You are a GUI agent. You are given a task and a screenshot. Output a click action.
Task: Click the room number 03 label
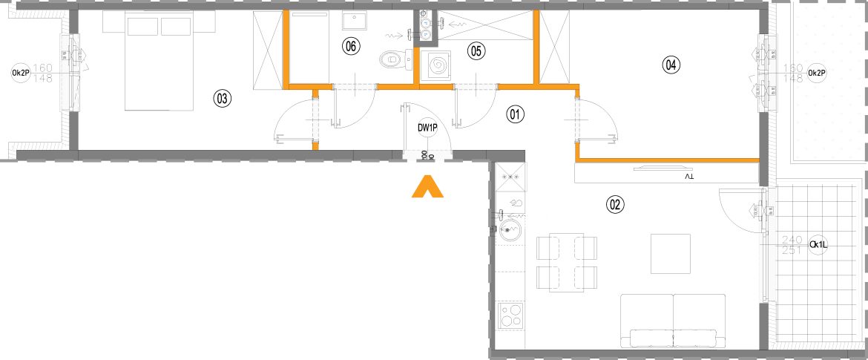pyautogui.click(x=222, y=99)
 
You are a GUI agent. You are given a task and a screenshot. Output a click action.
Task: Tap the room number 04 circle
pyautogui.click(x=671, y=65)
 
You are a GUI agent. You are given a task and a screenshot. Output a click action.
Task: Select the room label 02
pyautogui.click(x=616, y=205)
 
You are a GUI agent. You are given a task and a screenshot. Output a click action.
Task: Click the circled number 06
pyautogui.click(x=350, y=46)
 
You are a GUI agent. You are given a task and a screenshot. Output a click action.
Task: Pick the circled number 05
pyautogui.click(x=476, y=51)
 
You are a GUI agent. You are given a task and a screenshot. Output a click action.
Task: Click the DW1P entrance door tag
pyautogui.click(x=428, y=128)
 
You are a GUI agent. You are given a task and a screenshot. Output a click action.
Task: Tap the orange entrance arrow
pyautogui.click(x=427, y=186)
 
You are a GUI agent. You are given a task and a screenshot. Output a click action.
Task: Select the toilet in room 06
pyautogui.click(x=395, y=59)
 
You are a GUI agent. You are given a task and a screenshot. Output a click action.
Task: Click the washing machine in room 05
pyautogui.click(x=435, y=67)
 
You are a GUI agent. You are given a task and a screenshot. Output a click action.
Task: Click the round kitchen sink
pyautogui.click(x=509, y=229)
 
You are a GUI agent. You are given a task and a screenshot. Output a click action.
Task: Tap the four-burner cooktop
pyautogui.click(x=510, y=315)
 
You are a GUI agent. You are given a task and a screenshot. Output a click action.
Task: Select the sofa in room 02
pyautogui.click(x=673, y=321)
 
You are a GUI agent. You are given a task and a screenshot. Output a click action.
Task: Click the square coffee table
pyautogui.click(x=671, y=254)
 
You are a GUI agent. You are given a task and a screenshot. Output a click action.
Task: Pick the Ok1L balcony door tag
pyautogui.click(x=818, y=245)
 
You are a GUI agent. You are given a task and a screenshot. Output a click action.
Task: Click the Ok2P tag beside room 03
pyautogui.click(x=21, y=73)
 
